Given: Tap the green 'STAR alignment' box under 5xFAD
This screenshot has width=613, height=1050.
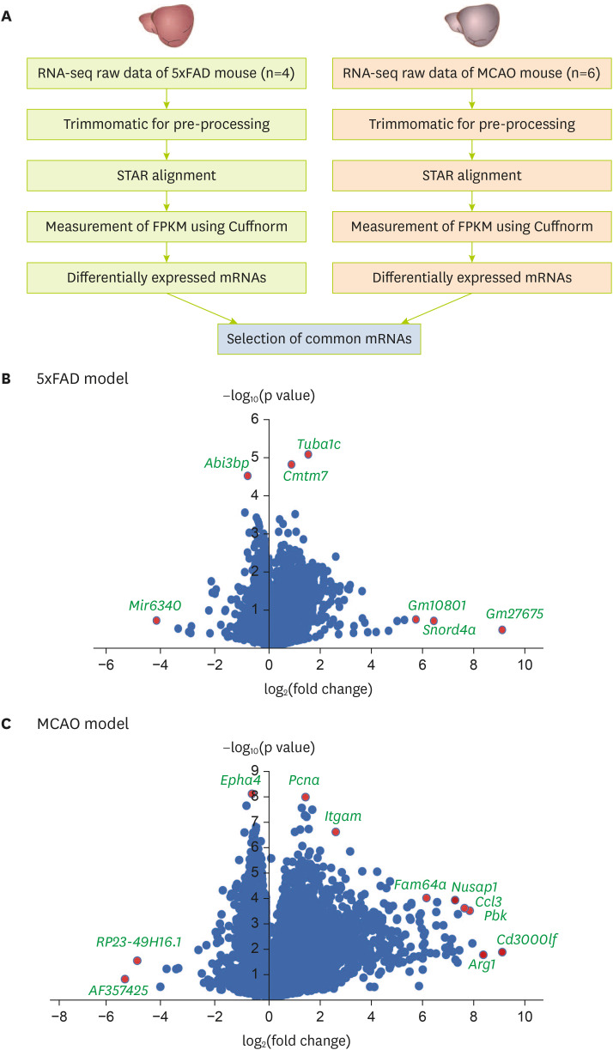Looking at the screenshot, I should coord(165,176).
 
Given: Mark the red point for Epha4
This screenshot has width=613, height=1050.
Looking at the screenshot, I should coord(252,793).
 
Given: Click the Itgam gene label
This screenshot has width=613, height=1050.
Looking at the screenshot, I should coord(343,816).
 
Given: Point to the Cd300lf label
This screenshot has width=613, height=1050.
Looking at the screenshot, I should coord(526,938).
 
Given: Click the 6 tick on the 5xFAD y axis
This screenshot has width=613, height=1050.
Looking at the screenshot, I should coord(254,419).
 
